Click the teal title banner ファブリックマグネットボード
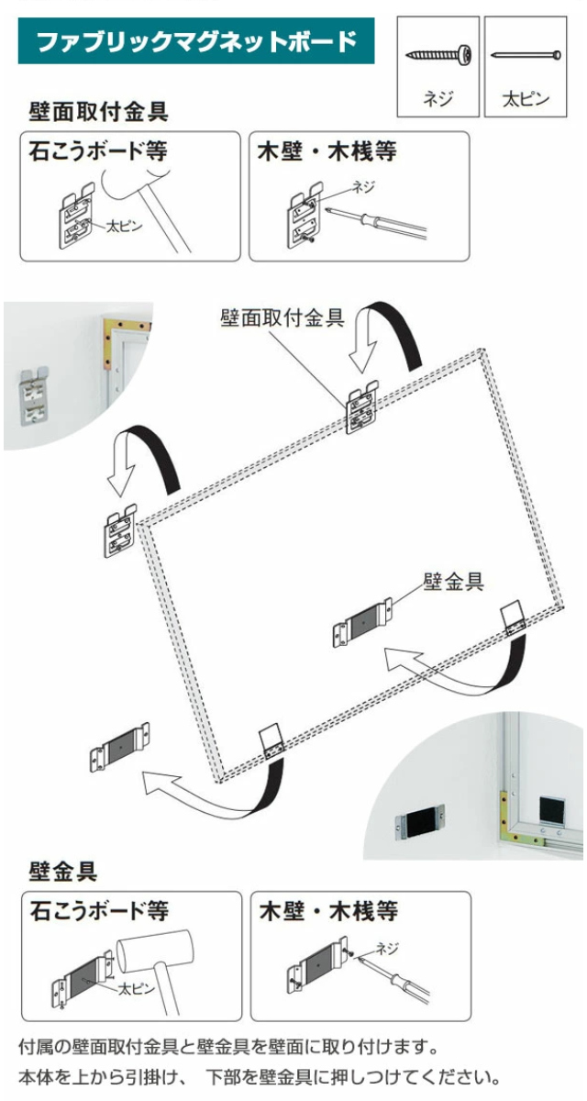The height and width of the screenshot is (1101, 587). pos(196,40)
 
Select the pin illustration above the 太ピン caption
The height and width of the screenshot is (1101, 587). pos(526,54)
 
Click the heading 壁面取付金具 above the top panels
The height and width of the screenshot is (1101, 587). pos(98,112)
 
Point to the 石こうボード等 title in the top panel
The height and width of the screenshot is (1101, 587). pos(98,150)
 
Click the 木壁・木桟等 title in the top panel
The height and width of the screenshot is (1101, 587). pos(327,150)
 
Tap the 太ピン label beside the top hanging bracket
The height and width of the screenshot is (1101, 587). pos(125,226)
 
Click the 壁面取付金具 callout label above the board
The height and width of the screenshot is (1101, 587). pos(282,318)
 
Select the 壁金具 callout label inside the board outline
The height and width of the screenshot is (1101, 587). pos(453,582)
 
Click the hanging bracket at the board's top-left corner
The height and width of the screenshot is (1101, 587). pos(120,530)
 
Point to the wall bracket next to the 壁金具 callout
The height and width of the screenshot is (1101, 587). pos(362,622)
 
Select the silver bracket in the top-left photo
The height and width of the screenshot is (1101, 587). pos(34,395)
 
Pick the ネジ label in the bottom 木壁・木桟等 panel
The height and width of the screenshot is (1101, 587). pos(387,948)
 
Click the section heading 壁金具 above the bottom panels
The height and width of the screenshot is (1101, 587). pos(63,872)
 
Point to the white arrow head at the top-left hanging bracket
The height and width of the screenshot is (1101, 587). pos(121,479)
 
